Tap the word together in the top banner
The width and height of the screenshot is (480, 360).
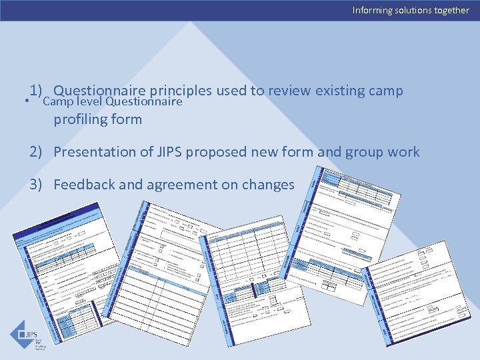pyautogui.click(x=449, y=10)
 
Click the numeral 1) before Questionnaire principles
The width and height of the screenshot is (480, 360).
pyautogui.click(x=36, y=90)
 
